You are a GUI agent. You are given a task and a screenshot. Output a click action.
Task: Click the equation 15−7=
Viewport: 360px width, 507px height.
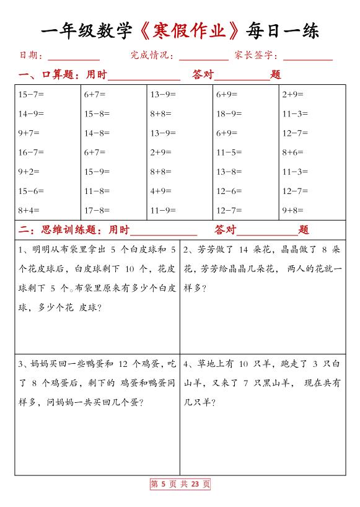(x=31, y=95)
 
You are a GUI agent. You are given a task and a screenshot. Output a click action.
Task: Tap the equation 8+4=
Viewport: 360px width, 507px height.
(x=29, y=210)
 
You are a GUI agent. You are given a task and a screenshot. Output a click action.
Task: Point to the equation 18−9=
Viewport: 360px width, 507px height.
(x=229, y=114)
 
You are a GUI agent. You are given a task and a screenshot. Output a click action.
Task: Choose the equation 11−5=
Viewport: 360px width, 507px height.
(x=229, y=152)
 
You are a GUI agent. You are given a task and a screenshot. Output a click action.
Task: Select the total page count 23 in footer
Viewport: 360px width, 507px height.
(x=195, y=485)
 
